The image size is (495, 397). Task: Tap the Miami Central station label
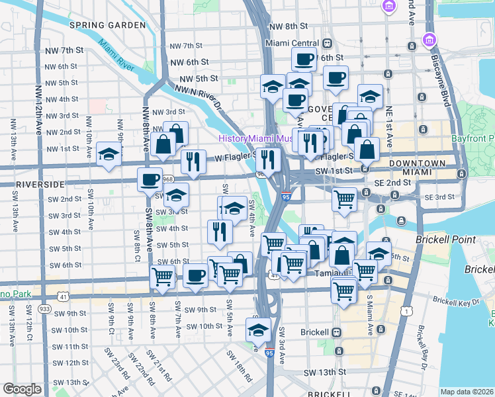tap(287, 43)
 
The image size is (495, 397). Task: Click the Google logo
tap(22, 389)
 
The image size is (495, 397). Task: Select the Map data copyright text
tap(467, 392)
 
